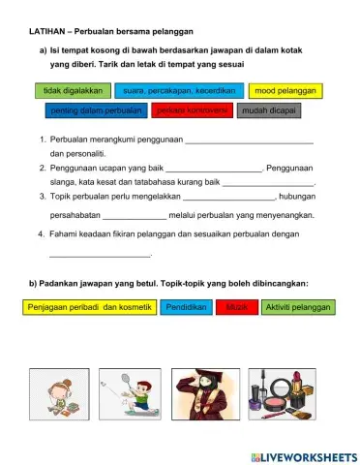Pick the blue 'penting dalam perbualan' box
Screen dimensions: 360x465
[x=96, y=110]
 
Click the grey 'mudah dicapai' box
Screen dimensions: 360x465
[x=268, y=110]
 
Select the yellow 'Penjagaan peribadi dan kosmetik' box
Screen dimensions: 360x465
[x=89, y=307]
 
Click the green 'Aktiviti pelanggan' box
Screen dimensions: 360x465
[x=297, y=307]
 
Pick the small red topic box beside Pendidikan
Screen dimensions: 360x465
[x=237, y=307]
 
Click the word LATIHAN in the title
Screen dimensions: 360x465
[x=48, y=32]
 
